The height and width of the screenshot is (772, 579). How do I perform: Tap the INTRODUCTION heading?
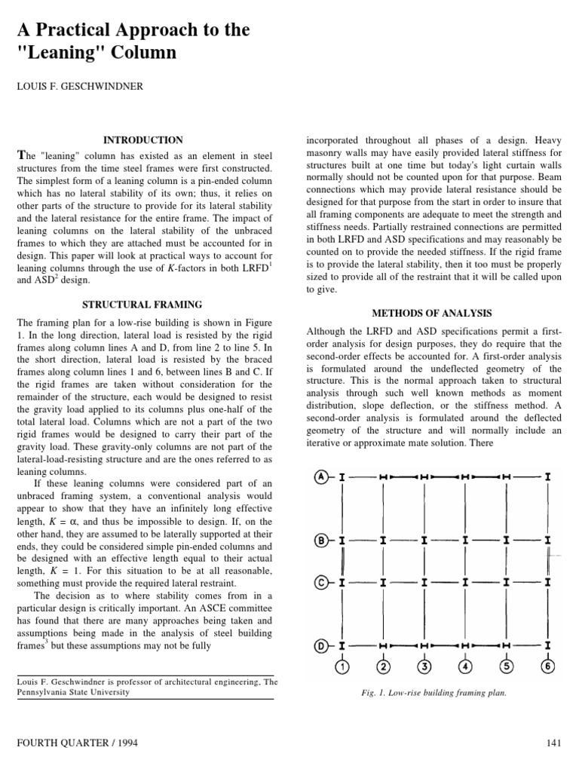pyautogui.click(x=143, y=140)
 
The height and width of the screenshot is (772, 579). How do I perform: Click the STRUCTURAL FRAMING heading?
pyautogui.click(x=143, y=305)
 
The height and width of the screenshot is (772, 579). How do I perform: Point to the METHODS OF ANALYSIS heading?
pyautogui.click(x=433, y=313)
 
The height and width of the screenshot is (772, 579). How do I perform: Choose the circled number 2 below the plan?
pyautogui.click(x=383, y=666)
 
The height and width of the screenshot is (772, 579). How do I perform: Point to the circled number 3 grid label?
pyautogui.click(x=424, y=666)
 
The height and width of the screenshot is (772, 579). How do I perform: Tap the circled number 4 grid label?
pyautogui.click(x=465, y=666)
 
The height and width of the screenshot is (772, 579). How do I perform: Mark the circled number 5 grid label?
pyautogui.click(x=507, y=666)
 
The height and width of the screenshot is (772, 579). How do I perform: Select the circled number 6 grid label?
pyautogui.click(x=547, y=666)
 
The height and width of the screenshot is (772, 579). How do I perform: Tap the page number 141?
pyautogui.click(x=554, y=743)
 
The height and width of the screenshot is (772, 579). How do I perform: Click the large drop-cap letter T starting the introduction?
pyautogui.click(x=21, y=155)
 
